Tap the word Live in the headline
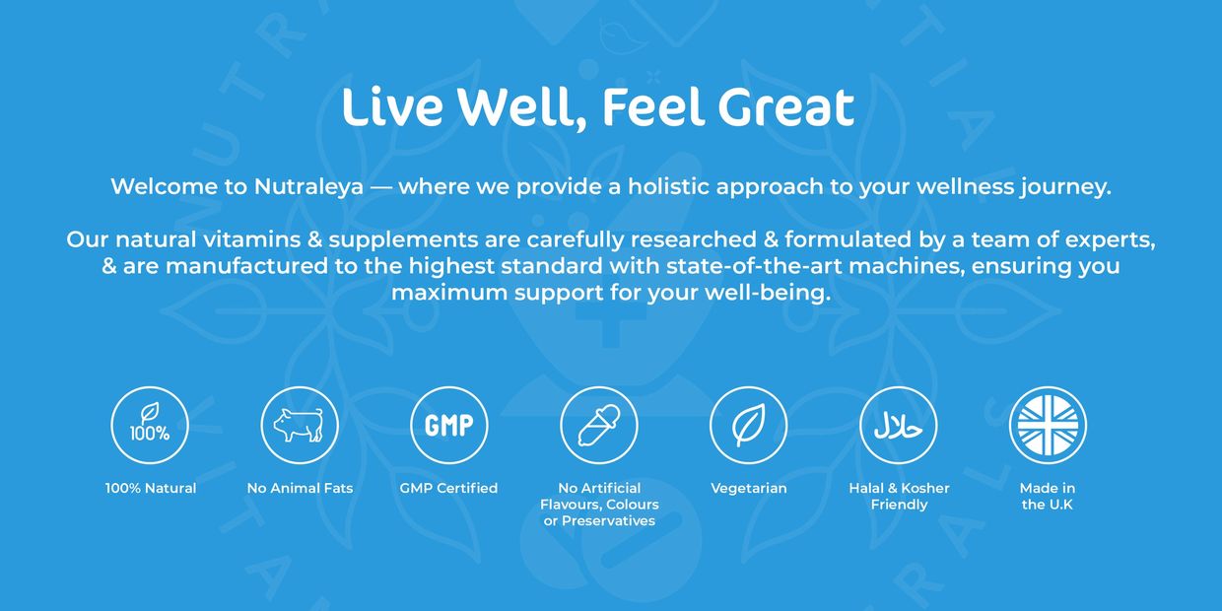point(391,105)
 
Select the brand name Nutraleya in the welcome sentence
point(308,186)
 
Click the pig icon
point(299,425)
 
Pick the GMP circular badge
point(449,425)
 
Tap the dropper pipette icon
point(599,425)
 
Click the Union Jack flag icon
point(1048,425)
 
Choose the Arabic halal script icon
point(899,425)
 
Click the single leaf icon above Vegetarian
point(749,425)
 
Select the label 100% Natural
point(151,488)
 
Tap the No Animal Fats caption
point(300,488)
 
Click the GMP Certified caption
point(448,488)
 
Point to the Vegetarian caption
point(749,489)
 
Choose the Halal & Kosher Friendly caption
point(899,497)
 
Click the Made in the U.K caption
point(1048,497)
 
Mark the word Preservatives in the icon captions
point(608,521)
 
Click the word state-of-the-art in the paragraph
point(753,266)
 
